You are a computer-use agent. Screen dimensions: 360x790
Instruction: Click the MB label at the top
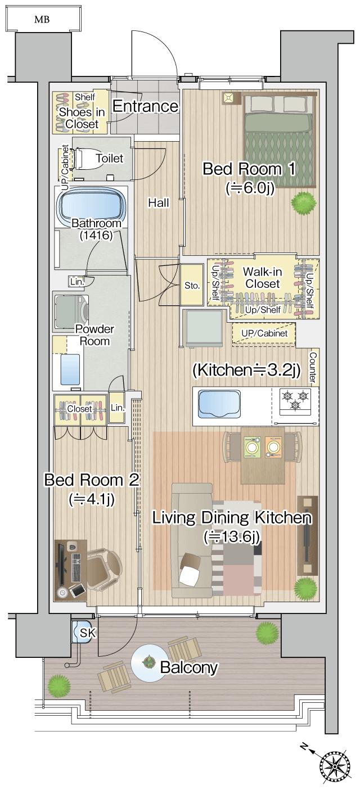click(x=42, y=19)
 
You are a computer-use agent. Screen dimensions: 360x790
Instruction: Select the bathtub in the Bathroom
click(x=92, y=207)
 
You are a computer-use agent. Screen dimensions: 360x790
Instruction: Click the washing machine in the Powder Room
click(x=71, y=311)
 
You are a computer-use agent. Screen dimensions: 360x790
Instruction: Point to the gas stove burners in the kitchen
click(x=295, y=401)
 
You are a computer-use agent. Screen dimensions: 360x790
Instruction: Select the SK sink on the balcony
click(x=84, y=633)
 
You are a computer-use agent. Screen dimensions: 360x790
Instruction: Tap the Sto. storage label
click(x=192, y=286)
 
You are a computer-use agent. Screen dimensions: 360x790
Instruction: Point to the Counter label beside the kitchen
click(x=313, y=367)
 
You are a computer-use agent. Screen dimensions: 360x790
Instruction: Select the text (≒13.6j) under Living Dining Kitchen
click(x=232, y=536)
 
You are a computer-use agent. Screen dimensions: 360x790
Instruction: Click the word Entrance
click(x=146, y=106)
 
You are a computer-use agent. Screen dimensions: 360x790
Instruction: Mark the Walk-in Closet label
click(x=263, y=278)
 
